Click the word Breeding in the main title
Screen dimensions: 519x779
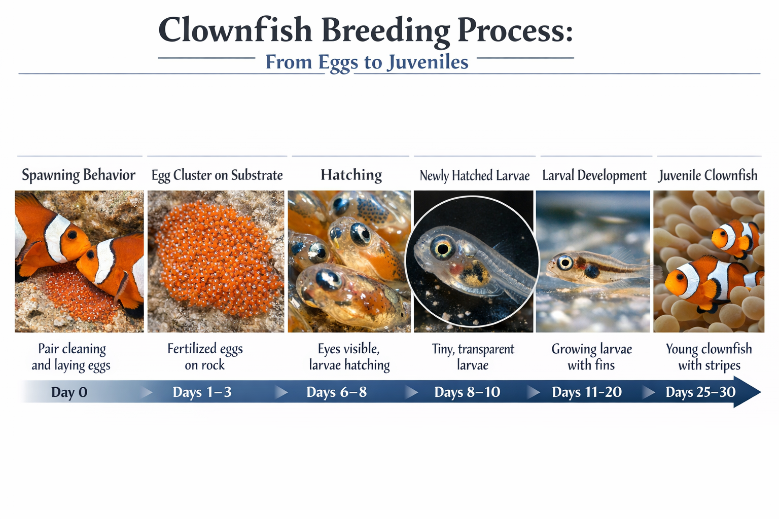coord(385,30)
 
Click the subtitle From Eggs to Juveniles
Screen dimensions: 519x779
coord(367,62)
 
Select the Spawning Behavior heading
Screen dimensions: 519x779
coord(79,175)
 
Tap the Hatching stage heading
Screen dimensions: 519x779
coord(351,175)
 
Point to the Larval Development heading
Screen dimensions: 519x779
coord(594,176)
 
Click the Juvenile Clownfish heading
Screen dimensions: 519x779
coord(708,176)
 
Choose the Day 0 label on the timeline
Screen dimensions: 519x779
coord(69,392)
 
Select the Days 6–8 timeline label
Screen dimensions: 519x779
coord(336,392)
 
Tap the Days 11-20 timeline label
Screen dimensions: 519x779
coord(587,392)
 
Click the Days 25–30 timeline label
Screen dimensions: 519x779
coord(700,392)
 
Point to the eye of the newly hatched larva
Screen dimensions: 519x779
coord(442,248)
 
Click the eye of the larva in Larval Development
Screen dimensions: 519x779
coord(564,263)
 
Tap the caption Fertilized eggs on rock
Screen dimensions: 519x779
coord(205,357)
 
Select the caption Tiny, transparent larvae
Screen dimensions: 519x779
coord(473,357)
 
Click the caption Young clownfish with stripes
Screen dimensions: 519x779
coord(709,357)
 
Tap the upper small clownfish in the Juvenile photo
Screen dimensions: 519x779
coord(735,236)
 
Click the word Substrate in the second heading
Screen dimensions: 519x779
coord(257,175)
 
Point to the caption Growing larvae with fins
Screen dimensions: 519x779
coord(591,357)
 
